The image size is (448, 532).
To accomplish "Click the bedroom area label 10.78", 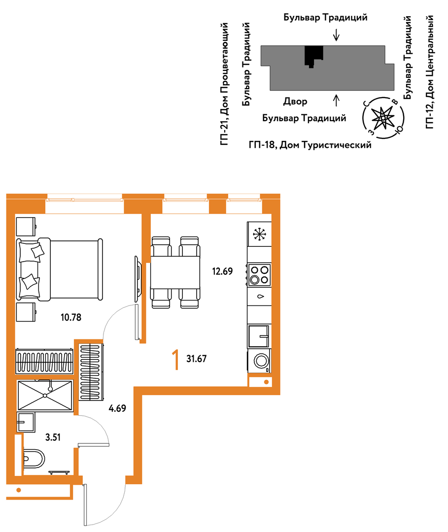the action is [x=71, y=317].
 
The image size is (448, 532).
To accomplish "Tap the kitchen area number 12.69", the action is [x=222, y=271].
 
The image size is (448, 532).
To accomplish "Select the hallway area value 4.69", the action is [x=117, y=408].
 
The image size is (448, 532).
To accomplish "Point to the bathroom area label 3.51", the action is [x=53, y=437].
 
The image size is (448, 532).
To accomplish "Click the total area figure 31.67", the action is [x=197, y=359].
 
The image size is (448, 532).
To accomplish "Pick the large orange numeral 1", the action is [x=175, y=360].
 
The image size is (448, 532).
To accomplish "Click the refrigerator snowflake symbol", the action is [x=260, y=234].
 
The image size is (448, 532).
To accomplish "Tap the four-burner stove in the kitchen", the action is [x=259, y=275].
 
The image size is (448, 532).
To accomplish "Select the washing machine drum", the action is [x=261, y=361].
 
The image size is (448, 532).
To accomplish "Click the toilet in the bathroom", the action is [x=34, y=459].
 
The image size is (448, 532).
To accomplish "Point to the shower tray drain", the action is [x=45, y=395].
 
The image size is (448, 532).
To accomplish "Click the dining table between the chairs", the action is [x=175, y=272].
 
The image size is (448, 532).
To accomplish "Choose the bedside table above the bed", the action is [x=26, y=226].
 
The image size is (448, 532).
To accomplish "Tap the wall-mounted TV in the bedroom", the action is [x=138, y=279].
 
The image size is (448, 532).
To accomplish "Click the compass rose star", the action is [x=383, y=118].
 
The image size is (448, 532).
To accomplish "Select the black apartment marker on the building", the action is [x=313, y=56].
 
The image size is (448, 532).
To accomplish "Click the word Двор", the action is [x=295, y=101].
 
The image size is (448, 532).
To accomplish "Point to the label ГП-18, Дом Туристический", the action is [x=310, y=145].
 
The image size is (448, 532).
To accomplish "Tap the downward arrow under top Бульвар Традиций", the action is [x=336, y=35].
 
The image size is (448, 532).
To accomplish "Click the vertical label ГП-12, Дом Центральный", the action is [x=430, y=72].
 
